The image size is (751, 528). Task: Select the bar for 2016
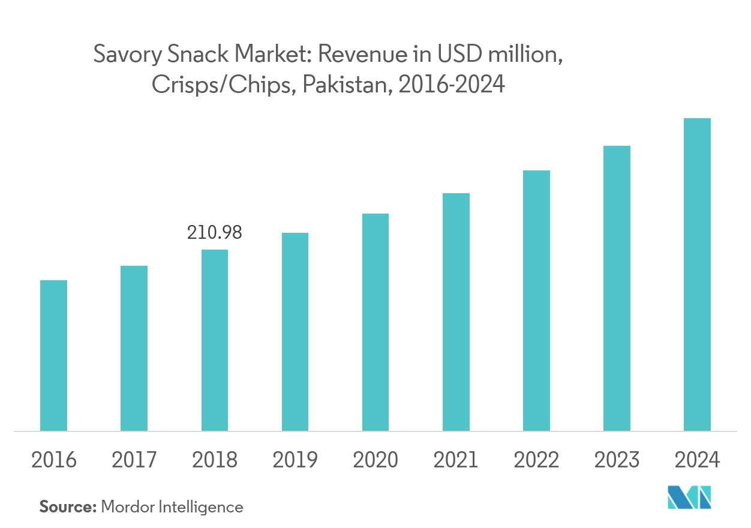(53, 355)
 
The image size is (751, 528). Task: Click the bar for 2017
(134, 348)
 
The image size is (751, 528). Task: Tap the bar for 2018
(214, 340)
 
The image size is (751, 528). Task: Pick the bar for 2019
(295, 332)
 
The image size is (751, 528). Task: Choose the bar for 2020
(376, 322)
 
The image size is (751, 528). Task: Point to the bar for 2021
(456, 312)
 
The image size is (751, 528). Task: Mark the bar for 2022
(536, 301)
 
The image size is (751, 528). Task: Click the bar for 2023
(617, 288)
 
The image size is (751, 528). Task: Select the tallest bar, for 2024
(697, 274)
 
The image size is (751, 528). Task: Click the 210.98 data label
(214, 233)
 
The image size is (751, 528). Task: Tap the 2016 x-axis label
(53, 460)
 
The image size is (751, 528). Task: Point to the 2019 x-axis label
(295, 460)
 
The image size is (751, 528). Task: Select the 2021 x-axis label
(456, 460)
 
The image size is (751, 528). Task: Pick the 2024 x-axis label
(697, 460)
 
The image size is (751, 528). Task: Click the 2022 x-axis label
(536, 460)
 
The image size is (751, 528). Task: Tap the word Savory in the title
(125, 56)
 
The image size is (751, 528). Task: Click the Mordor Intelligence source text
(172, 507)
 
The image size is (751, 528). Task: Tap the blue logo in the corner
(689, 497)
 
